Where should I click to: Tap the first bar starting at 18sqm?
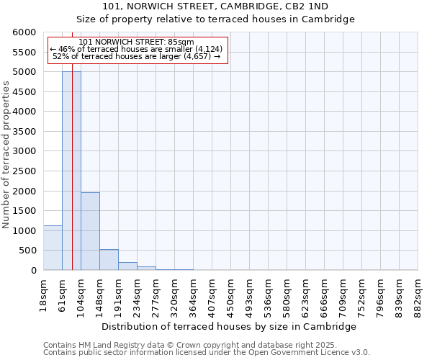click(x=53, y=248)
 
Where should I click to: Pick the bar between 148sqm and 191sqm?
click(x=109, y=260)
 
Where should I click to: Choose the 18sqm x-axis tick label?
click(x=43, y=293)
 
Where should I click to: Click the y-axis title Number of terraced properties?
click(x=6, y=155)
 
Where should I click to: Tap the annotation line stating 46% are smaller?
click(x=137, y=49)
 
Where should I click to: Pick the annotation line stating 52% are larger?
click(x=137, y=56)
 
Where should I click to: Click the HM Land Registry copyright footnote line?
click(x=189, y=345)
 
